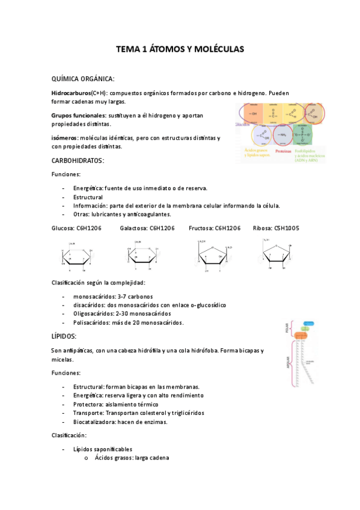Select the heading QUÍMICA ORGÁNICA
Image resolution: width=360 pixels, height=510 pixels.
(83, 79)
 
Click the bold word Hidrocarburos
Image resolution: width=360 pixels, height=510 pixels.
(71, 94)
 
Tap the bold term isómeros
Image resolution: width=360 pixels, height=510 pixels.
(64, 138)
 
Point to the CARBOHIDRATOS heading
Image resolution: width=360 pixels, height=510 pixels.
(78, 161)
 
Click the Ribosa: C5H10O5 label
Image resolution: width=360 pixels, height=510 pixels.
(276, 228)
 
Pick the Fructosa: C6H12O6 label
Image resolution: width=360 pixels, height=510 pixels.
(215, 228)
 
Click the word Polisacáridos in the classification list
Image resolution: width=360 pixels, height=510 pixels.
(92, 323)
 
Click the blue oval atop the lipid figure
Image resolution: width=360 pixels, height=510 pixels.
(308, 324)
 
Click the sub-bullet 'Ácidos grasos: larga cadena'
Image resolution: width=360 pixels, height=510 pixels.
(132, 458)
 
